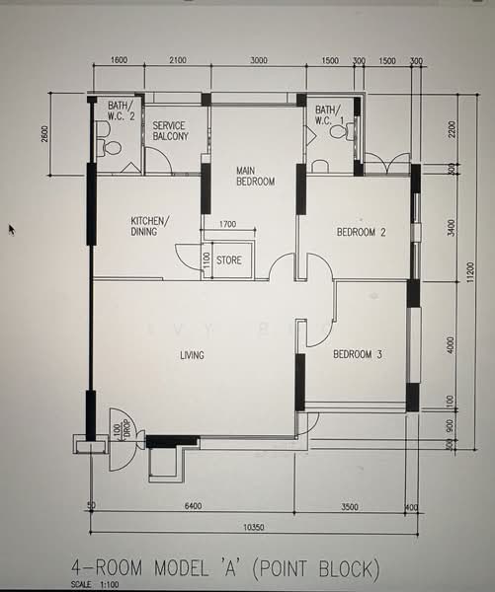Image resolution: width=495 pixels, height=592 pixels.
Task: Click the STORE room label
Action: tap(229, 260)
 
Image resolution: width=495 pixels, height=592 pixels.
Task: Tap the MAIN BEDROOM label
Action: tap(255, 177)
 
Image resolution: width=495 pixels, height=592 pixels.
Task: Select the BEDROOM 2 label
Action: tap(362, 232)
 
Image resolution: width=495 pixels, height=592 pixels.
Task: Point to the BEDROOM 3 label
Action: tap(358, 354)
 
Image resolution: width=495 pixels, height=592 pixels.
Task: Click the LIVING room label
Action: tap(192, 355)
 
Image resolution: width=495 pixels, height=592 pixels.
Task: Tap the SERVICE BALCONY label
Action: tap(170, 130)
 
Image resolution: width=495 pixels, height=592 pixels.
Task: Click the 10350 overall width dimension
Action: tap(253, 527)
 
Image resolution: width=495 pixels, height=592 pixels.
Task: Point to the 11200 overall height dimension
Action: tap(470, 272)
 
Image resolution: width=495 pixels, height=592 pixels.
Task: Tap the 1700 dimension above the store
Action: tap(227, 224)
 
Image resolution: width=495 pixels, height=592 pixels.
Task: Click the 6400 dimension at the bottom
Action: tap(193, 506)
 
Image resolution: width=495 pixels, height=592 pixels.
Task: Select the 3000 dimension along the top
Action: tap(259, 60)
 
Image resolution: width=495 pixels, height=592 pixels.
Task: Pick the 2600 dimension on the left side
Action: tap(44, 133)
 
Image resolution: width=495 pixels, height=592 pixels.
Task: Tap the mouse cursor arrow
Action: tap(12, 230)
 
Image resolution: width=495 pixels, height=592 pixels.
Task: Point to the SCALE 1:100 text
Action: tap(95, 585)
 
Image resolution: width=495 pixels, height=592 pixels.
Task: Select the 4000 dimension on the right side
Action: tap(451, 344)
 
